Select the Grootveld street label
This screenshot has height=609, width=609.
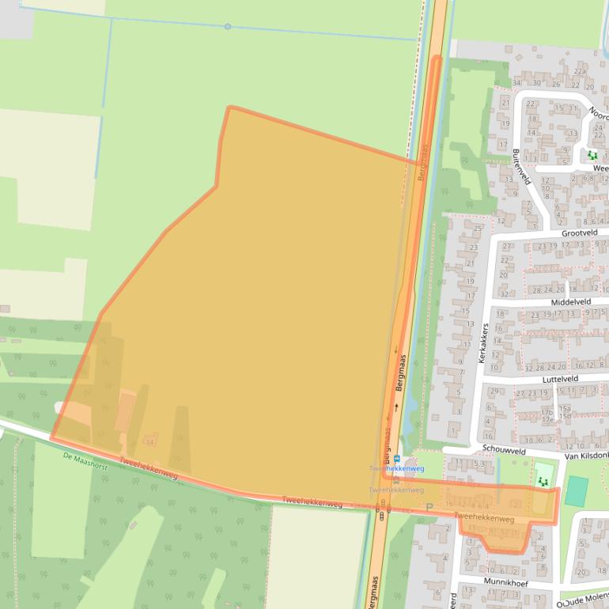click(x=580, y=233)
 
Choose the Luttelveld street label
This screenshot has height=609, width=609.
click(x=560, y=379)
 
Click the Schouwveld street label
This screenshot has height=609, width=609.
click(x=505, y=450)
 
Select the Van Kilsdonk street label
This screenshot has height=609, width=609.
click(x=586, y=456)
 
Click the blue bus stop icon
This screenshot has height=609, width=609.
click(x=396, y=460)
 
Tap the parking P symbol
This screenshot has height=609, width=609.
click(x=429, y=508)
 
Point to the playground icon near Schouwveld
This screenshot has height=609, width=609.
click(x=543, y=480)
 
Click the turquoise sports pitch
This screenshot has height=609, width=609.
click(x=577, y=491)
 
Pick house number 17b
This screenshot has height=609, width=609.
click(x=547, y=412)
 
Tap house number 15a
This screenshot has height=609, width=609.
click(x=565, y=407)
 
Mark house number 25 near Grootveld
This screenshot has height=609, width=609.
click(x=477, y=228)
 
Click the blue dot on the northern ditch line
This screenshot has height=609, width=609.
click(x=228, y=26)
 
